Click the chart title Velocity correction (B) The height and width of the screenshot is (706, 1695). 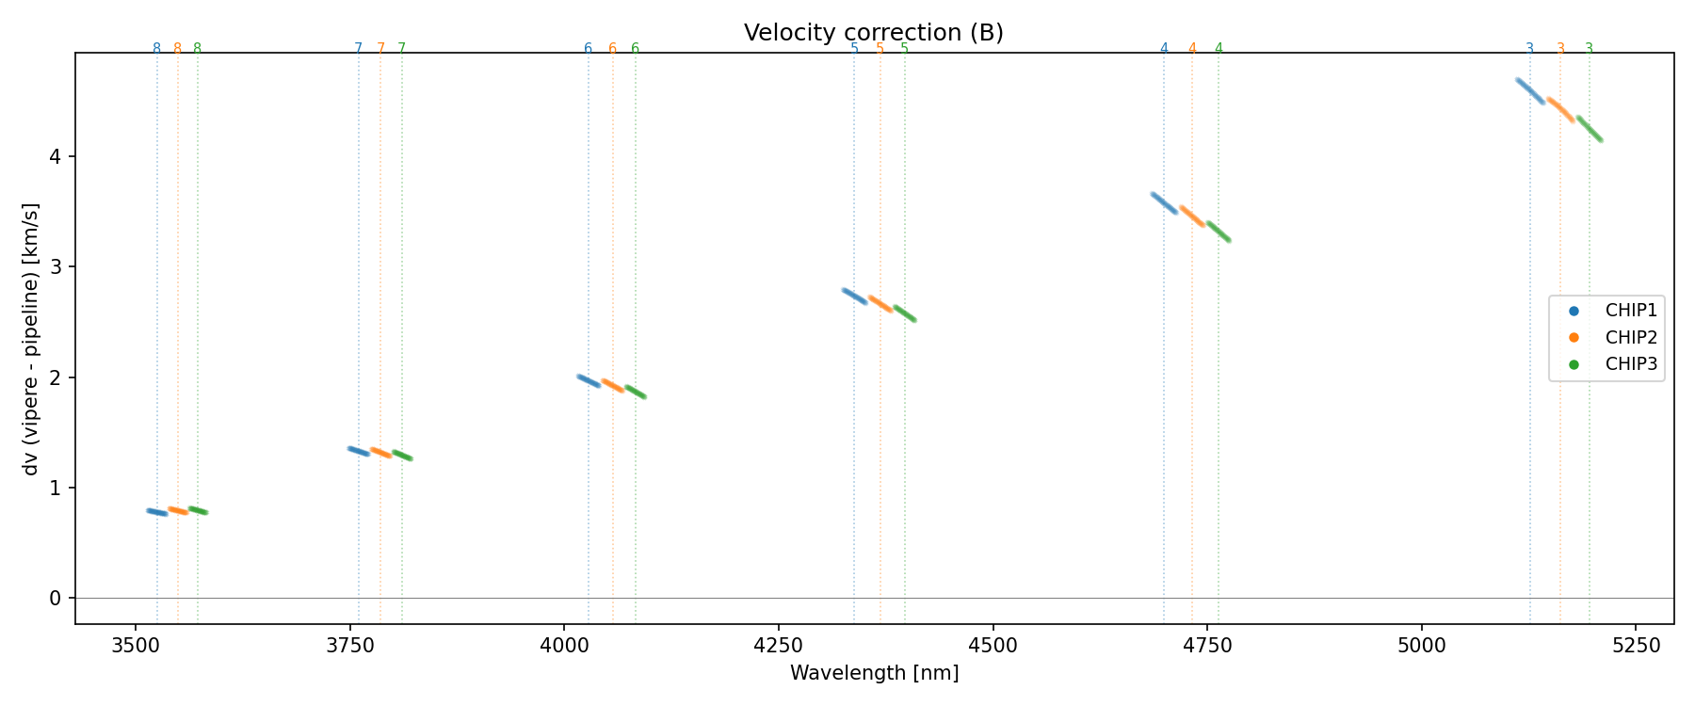click(x=873, y=33)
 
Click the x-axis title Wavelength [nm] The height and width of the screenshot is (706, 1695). click(x=874, y=673)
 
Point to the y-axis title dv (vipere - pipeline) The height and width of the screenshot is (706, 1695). click(x=31, y=338)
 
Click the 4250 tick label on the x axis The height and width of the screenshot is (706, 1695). click(x=778, y=646)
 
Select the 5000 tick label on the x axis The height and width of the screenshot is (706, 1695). click(x=1421, y=646)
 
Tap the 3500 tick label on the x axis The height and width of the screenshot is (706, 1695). click(x=136, y=646)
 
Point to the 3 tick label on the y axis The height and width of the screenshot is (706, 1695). click(x=56, y=267)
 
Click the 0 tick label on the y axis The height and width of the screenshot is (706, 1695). click(x=56, y=599)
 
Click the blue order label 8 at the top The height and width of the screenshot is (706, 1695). click(x=156, y=49)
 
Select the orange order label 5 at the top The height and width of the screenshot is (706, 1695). click(x=880, y=49)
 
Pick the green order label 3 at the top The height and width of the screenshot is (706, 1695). click(x=1589, y=49)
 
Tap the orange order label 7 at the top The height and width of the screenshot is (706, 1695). click(x=380, y=49)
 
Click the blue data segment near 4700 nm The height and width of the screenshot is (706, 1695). click(x=1164, y=203)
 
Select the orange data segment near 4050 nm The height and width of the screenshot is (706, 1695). click(x=613, y=385)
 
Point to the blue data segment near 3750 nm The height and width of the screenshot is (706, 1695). click(x=359, y=452)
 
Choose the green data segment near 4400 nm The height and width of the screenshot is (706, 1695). click(x=904, y=313)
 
